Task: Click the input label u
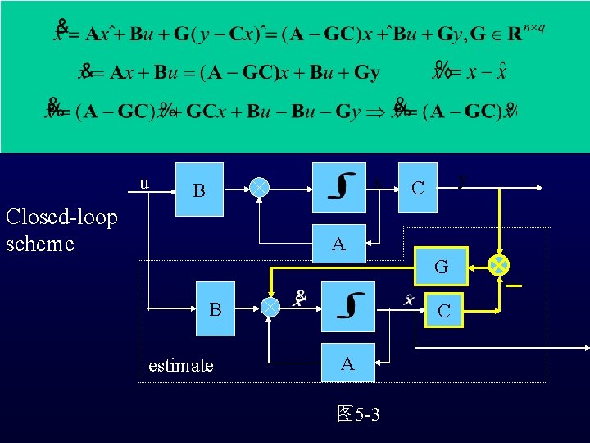144,183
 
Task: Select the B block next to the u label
197,190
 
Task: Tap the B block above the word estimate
216,309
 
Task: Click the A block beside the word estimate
347,363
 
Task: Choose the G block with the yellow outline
441,266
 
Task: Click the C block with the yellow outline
443,310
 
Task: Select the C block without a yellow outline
418,187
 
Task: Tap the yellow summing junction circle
498,264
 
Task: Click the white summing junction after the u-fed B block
258,187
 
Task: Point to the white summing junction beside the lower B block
270,305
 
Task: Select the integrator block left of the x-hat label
348,306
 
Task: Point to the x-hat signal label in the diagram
409,300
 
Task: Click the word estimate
180,365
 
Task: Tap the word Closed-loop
61,217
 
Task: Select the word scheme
39,244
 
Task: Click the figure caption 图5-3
358,413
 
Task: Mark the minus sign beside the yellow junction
514,285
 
